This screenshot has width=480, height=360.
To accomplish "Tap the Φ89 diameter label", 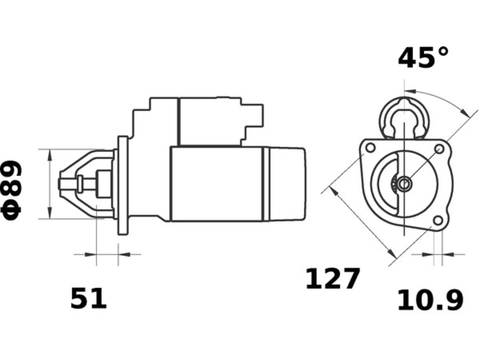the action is click(11, 190).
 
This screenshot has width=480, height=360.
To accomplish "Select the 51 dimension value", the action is click(88, 298).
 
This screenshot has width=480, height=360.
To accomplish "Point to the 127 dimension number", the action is click(332, 279).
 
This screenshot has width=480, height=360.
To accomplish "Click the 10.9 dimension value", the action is click(430, 300).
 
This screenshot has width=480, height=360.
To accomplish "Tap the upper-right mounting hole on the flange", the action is click(439, 149).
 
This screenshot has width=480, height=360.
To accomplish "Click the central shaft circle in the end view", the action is click(404, 184).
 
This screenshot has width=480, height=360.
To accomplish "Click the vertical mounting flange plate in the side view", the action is click(123, 186).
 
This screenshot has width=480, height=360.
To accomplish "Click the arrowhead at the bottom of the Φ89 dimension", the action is click(50, 213).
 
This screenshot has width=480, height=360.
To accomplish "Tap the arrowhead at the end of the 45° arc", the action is click(465, 112).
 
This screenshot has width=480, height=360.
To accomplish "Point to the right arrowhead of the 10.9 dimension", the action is click(448, 255).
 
